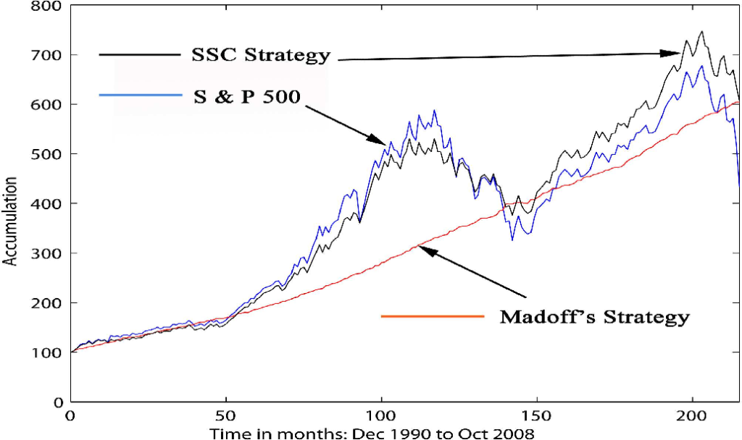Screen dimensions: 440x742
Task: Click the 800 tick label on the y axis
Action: pos(49,7)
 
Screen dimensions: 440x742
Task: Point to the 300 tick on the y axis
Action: pos(49,253)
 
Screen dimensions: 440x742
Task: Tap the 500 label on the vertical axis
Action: pos(49,154)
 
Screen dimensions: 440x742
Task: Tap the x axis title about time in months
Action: pos(372,433)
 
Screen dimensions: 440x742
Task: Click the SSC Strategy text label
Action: pos(261,55)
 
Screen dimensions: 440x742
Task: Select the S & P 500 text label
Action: pos(246,96)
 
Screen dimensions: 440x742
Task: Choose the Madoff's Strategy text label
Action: pos(594,316)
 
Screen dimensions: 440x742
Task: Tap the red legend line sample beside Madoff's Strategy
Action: pos(432,316)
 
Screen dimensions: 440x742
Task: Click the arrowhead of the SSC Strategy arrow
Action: pos(673,52)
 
